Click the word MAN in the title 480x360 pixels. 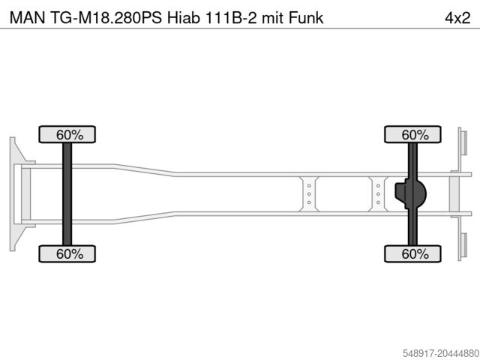point(27,17)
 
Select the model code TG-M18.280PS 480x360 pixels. point(106,17)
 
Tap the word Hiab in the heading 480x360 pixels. point(183,17)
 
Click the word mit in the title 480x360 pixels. point(273,17)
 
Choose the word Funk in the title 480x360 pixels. point(306,17)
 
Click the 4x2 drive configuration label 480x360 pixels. point(457,18)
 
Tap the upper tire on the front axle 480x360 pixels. point(67,134)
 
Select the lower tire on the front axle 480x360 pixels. point(67,253)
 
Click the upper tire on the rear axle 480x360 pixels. point(412,134)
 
